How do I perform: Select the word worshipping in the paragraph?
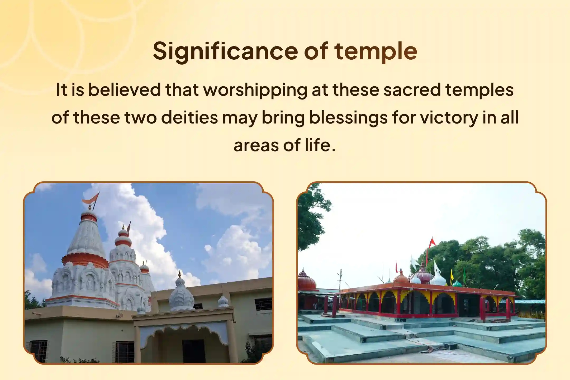click(255, 90)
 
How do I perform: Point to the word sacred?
click(412, 90)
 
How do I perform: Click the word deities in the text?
click(189, 117)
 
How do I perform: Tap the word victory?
click(449, 117)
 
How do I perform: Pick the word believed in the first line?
click(124, 90)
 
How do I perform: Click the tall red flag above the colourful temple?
click(432, 242)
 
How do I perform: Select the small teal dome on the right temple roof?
click(457, 283)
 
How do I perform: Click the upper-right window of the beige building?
click(263, 304)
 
